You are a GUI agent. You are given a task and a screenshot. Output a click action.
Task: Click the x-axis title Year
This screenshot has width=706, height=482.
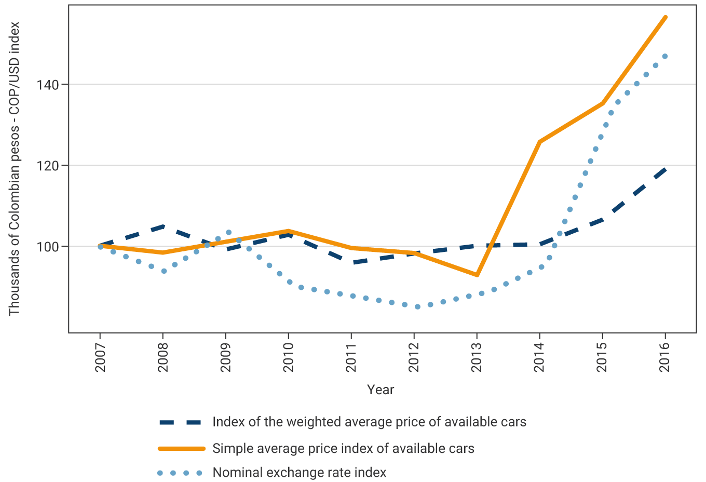pos(381,390)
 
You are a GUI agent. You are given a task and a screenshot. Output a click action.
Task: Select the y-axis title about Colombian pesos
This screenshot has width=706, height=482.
pos(14,168)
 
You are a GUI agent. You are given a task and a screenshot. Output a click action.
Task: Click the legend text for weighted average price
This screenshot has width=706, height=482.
pos(369,422)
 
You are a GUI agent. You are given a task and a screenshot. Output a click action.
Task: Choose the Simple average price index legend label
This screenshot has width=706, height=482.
pos(343,449)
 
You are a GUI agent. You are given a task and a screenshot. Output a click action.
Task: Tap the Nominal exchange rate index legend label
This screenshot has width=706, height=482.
pos(300,473)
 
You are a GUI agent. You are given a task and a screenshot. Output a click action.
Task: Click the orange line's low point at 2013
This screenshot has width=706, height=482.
pos(477,275)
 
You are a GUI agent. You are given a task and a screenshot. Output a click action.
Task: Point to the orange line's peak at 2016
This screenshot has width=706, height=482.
pos(666,17)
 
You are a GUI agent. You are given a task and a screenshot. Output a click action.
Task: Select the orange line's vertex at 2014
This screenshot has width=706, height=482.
pos(540,142)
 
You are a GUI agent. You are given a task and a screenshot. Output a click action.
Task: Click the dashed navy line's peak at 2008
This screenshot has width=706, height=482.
pos(163,226)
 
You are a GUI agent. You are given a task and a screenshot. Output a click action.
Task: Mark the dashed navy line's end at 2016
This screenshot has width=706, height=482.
pos(666,169)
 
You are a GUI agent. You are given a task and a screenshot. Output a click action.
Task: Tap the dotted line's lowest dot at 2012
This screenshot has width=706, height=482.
pos(417,307)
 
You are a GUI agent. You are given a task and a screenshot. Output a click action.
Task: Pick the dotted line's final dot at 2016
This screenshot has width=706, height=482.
pos(665,56)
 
